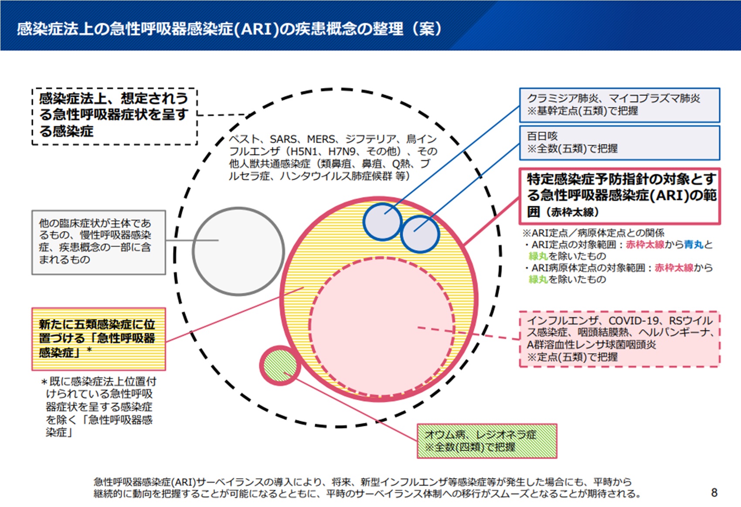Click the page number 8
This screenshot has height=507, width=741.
point(714,493)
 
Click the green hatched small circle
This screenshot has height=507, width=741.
point(280,365)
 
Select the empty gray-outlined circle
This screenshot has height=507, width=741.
point(238,251)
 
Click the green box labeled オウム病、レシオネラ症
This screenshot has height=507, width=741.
point(486,441)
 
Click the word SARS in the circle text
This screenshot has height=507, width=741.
point(284,139)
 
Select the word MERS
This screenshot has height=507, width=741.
point(321,139)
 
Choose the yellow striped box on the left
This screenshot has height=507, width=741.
point(99,339)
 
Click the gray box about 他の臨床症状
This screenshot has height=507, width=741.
point(99,242)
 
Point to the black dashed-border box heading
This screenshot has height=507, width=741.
point(115,116)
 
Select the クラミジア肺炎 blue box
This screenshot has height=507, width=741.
point(619,105)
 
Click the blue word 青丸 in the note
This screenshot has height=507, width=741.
point(693,245)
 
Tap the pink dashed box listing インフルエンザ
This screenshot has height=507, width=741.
point(619,339)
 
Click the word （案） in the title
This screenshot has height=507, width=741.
point(426,29)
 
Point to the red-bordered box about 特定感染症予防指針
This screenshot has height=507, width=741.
point(619,196)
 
